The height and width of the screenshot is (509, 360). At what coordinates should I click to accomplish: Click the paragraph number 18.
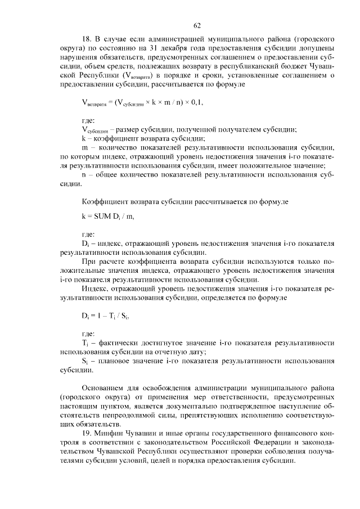pyautogui.click(x=86, y=40)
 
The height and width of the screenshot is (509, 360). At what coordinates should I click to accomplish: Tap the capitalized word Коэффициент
pyautogui.click(x=105, y=201)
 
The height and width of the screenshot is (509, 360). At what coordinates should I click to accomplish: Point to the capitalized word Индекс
pyautogui.click(x=96, y=288)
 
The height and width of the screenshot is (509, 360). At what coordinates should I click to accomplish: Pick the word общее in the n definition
pyautogui.click(x=107, y=174)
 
